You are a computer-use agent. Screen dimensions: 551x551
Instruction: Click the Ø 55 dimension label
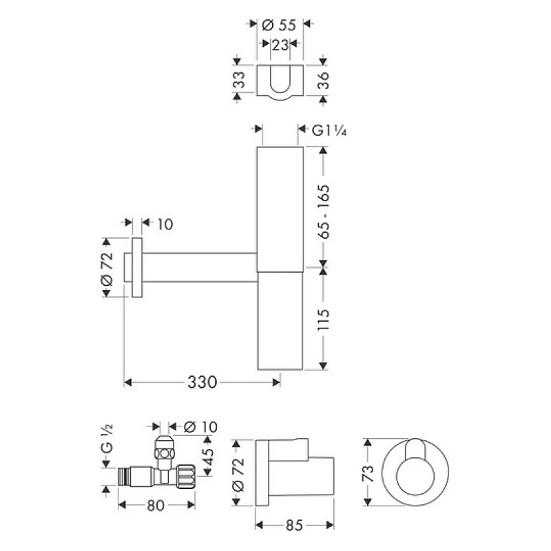(279, 25)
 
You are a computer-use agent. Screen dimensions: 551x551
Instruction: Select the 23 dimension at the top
(280, 45)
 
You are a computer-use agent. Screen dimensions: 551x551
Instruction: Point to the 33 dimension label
(239, 80)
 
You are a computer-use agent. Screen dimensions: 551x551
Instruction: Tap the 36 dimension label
(323, 81)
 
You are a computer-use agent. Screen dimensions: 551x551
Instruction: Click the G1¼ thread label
(329, 130)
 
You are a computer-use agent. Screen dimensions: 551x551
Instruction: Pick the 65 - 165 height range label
(324, 211)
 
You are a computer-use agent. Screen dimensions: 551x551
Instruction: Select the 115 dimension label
(323, 320)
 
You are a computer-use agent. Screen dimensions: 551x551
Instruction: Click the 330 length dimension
(202, 382)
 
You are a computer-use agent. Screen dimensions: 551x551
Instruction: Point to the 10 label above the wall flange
(165, 225)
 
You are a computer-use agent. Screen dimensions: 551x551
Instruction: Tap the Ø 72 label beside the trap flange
(107, 268)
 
